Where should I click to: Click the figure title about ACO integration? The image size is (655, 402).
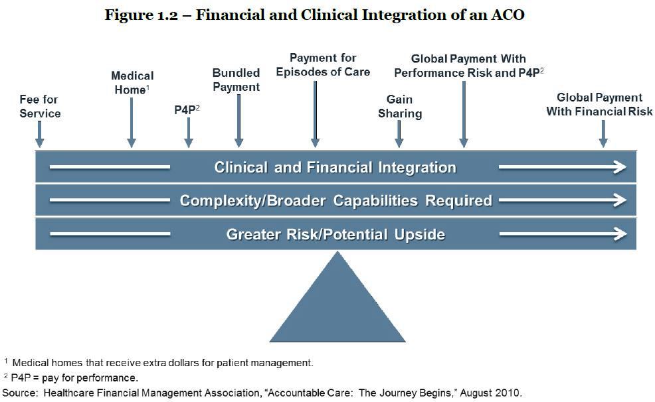(x=315, y=15)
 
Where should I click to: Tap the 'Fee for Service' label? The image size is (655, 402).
(x=40, y=106)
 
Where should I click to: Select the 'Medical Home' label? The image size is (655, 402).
(x=132, y=82)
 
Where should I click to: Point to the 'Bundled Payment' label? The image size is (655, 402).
(x=236, y=80)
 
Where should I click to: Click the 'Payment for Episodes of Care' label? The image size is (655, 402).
(x=323, y=64)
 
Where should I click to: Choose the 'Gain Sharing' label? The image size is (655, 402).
(x=400, y=106)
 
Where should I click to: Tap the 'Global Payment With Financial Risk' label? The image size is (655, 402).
(x=599, y=104)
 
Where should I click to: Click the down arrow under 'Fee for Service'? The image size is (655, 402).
(x=40, y=134)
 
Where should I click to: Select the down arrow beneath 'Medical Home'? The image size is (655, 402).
(x=131, y=123)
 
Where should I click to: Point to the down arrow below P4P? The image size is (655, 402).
(x=189, y=133)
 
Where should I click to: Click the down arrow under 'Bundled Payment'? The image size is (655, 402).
(x=239, y=121)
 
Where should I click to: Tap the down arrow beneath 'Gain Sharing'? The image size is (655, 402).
(x=399, y=134)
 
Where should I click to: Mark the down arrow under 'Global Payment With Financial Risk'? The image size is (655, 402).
(x=603, y=134)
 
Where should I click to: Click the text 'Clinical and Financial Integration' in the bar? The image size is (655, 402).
(x=335, y=168)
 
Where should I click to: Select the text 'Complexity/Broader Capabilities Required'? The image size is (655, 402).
(x=336, y=201)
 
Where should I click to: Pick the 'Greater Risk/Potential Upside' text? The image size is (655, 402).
(x=336, y=234)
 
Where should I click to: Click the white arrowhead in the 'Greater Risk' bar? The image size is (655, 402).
(x=620, y=234)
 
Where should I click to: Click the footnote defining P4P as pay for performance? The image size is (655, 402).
(x=70, y=378)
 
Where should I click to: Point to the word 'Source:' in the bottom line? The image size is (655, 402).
(x=20, y=393)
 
